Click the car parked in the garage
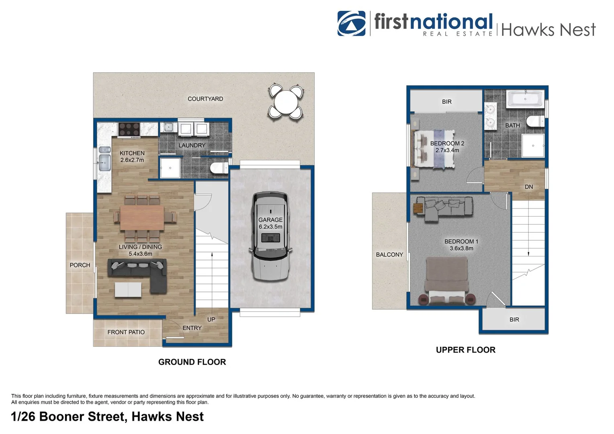(270, 237)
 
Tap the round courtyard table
(285, 101)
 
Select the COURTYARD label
(205, 99)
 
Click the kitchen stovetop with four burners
(129, 130)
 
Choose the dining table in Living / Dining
(142, 218)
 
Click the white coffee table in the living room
(128, 290)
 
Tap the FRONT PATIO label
(126, 332)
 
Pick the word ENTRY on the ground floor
(192, 328)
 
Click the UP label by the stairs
(211, 319)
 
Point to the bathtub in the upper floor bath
(525, 99)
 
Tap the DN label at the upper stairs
(529, 187)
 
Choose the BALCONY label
(389, 255)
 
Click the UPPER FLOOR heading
(465, 350)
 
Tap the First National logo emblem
(351, 23)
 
